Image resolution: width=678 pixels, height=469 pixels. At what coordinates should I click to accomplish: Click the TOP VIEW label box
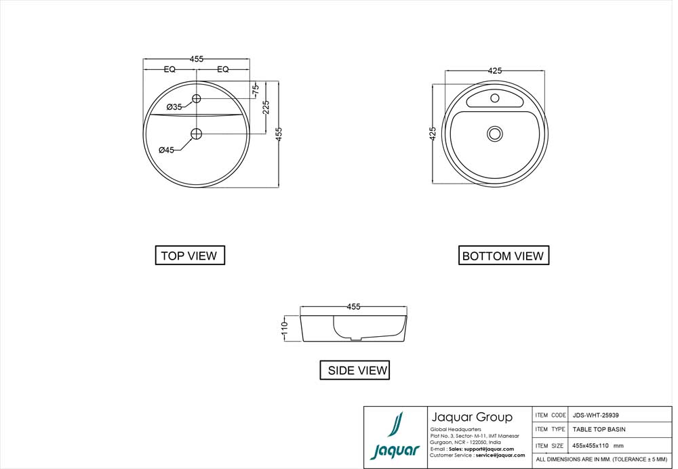click(190, 256)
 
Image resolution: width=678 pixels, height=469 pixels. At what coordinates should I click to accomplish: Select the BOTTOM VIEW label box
click(503, 256)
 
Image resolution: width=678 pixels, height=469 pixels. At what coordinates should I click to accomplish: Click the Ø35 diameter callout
click(175, 107)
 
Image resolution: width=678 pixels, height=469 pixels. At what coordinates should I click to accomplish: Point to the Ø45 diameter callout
click(167, 150)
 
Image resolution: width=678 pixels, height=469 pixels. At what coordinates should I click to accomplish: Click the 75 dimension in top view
click(256, 89)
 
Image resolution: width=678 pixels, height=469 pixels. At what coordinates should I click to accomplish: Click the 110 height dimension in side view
click(285, 329)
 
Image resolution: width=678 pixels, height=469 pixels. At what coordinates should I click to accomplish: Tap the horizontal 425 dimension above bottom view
click(496, 70)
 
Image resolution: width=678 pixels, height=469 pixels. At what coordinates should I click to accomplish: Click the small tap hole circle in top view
click(197, 99)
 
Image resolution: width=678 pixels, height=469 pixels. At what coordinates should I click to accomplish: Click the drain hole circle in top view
click(197, 134)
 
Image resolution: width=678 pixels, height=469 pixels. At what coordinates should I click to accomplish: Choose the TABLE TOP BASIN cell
click(599, 430)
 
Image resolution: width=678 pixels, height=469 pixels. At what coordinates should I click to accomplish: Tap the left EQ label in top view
click(169, 69)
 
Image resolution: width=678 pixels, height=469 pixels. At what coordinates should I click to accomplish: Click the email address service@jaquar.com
click(500, 455)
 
